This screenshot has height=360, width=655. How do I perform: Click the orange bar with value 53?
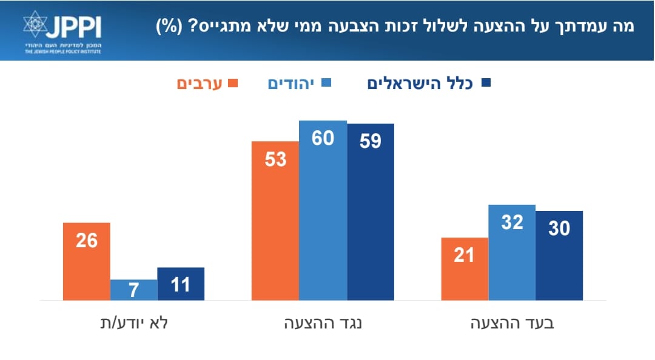[275, 221]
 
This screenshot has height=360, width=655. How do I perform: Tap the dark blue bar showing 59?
[370, 212]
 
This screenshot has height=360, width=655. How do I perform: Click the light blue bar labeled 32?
[512, 252]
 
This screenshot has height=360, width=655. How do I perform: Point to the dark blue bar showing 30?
[559, 255]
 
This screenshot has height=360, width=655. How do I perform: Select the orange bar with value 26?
[87, 261]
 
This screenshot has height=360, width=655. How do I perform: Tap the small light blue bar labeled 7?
[133, 290]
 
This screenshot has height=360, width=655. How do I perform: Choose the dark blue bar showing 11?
[181, 284]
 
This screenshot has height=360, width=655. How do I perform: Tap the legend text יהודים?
[290, 83]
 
